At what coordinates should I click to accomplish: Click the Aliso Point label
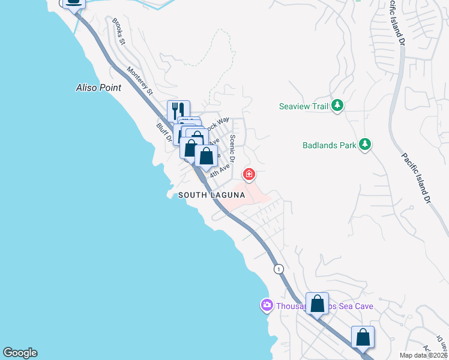(98, 88)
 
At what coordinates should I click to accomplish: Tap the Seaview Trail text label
(304, 107)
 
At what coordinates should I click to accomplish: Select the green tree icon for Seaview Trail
(337, 106)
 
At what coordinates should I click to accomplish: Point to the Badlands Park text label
(328, 145)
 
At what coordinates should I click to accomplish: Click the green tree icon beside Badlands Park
(364, 144)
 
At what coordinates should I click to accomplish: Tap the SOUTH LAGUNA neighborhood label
(211, 195)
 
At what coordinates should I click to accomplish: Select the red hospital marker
(249, 175)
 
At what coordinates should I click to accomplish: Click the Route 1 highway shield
(279, 269)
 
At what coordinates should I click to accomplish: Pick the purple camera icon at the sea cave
(267, 306)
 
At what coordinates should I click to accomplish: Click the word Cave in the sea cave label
(363, 307)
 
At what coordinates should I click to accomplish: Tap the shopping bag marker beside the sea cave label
(317, 303)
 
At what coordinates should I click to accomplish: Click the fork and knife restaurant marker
(178, 111)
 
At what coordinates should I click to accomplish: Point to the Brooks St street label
(118, 31)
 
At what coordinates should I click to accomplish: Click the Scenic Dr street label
(234, 147)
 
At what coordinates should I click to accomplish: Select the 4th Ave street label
(219, 169)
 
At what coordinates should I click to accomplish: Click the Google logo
(20, 353)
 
